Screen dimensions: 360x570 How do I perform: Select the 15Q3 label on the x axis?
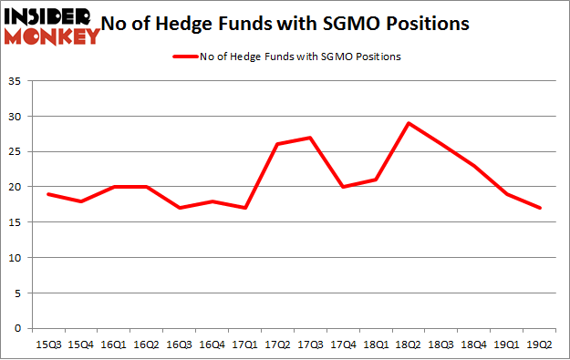tap(47, 345)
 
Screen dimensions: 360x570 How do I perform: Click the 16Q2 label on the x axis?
tap(145, 345)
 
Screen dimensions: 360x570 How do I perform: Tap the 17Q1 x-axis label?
tap(244, 345)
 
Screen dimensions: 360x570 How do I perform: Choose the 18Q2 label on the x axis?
tap(408, 345)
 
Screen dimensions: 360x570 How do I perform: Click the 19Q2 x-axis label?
tap(539, 345)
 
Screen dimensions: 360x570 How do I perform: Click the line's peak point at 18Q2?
tap(408, 124)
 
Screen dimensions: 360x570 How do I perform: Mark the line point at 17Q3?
tap(309, 138)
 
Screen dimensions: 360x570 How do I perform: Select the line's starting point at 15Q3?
tap(47, 194)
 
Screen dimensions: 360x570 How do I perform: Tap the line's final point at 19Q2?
tap(539, 208)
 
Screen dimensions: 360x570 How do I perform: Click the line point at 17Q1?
tap(244, 208)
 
